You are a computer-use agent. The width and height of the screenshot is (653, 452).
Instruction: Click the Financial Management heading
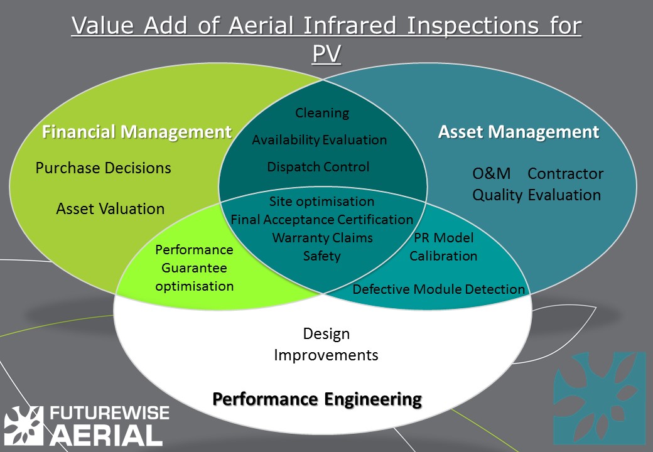point(137,132)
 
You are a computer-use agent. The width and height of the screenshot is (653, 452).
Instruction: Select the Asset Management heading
point(519,132)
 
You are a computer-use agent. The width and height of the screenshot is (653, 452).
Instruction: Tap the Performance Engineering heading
point(317,399)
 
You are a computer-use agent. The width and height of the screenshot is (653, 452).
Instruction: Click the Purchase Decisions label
point(103,168)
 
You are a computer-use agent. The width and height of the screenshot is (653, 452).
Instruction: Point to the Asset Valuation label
point(111,208)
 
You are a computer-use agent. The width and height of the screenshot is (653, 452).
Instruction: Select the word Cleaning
point(322,113)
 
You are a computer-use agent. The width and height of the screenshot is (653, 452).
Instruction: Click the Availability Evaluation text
point(320,140)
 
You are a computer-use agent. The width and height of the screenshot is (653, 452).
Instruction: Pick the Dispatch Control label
point(318,167)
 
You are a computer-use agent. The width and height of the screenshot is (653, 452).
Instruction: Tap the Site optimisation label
point(321,202)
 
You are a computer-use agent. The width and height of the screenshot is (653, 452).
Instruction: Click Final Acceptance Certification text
point(322,219)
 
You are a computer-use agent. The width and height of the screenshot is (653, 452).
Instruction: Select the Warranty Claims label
point(322,238)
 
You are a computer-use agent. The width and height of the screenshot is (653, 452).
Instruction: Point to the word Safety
point(321,256)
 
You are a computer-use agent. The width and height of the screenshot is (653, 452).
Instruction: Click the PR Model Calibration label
point(443,247)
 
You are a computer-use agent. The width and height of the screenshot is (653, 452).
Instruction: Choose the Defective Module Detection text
point(438,289)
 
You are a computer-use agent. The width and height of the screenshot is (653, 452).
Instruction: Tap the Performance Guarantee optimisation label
point(195,268)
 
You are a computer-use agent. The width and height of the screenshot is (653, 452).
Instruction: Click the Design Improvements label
point(326,344)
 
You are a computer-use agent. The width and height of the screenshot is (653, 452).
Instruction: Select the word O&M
point(492,173)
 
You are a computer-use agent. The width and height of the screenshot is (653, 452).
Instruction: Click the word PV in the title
point(326,54)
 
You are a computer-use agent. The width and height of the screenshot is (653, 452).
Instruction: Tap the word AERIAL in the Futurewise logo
point(106,435)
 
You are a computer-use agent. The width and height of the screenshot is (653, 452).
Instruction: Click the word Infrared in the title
point(350,26)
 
